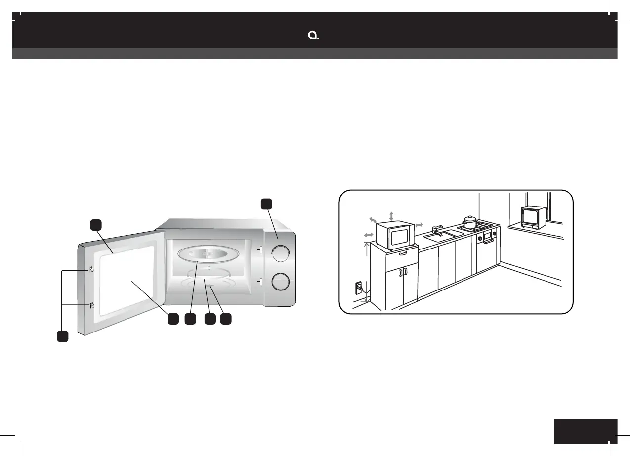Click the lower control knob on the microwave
(x=280, y=281)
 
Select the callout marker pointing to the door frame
(x=96, y=225)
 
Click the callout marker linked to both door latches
(x=61, y=336)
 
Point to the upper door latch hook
(x=92, y=270)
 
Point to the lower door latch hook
(x=92, y=305)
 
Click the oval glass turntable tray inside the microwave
(x=209, y=255)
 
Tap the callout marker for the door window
(x=172, y=319)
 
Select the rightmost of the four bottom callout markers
(x=226, y=319)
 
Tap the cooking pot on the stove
(x=469, y=222)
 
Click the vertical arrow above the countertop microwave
(x=391, y=216)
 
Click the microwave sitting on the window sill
(x=533, y=217)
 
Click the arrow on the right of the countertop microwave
(x=420, y=225)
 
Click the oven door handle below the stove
(x=488, y=241)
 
